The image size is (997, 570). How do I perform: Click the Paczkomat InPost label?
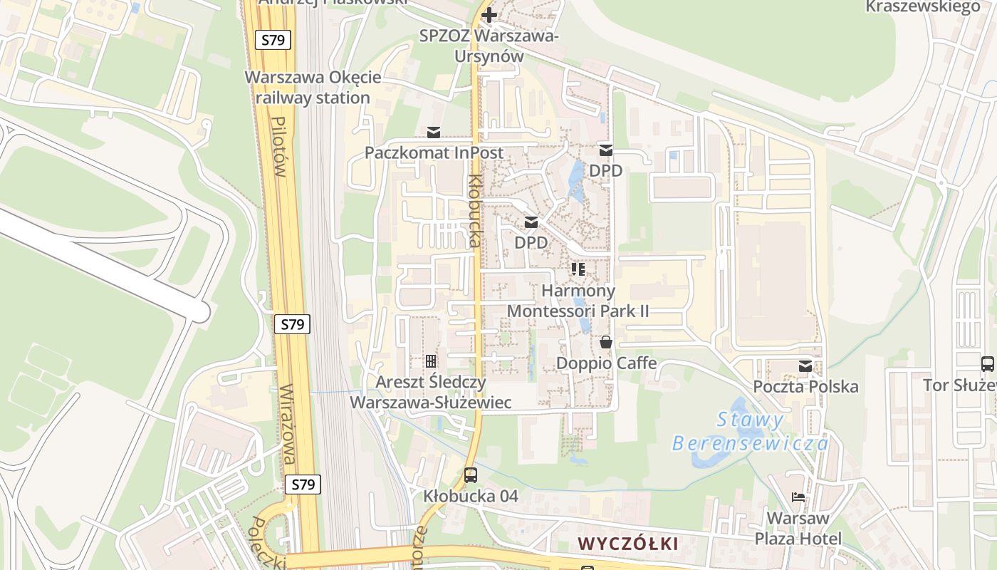click(434, 152)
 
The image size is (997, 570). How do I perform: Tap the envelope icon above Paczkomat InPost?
click(434, 133)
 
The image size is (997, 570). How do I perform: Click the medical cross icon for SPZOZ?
click(489, 14)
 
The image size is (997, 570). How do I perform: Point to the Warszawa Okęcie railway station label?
click(313, 88)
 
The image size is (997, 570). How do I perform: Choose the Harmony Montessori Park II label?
click(578, 301)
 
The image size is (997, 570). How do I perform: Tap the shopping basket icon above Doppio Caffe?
click(606, 343)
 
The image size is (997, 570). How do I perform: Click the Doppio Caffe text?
click(606, 363)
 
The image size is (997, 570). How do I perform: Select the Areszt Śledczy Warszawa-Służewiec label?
click(431, 392)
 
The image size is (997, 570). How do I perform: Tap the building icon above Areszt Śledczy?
click(431, 361)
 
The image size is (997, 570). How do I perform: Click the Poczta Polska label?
click(805, 387)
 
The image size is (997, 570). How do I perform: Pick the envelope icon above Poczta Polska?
click(805, 366)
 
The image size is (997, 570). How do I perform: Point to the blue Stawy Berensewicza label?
click(750, 431)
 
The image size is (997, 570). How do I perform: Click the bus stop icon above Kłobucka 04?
click(471, 475)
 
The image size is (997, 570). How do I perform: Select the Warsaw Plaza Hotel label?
click(798, 528)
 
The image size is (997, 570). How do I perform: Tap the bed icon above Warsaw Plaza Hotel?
click(798, 497)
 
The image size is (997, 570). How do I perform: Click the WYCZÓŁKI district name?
click(627, 544)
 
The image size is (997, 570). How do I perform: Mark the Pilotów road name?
click(279, 147)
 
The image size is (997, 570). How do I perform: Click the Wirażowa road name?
click(288, 425)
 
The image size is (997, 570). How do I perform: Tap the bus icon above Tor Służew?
click(988, 364)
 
